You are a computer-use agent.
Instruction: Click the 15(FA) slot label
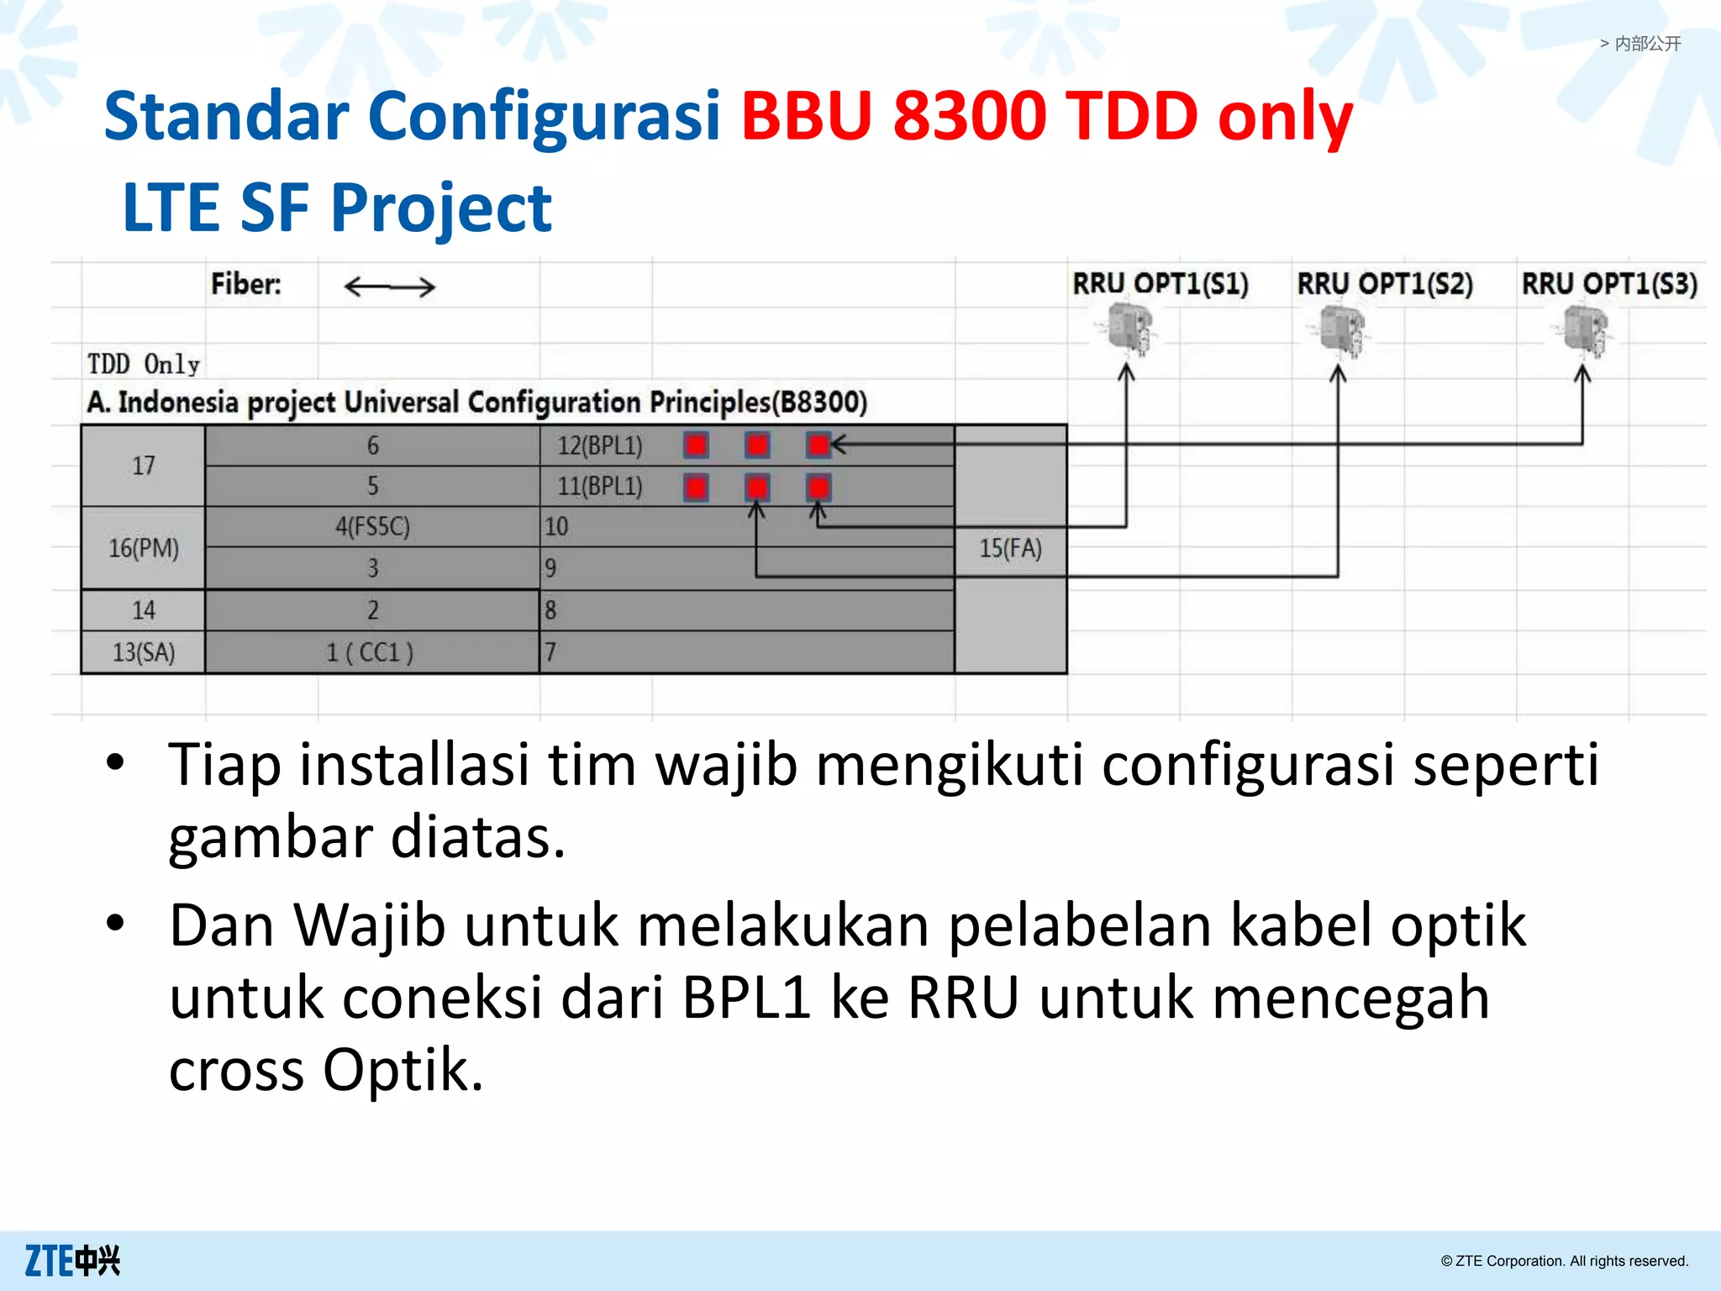1010,549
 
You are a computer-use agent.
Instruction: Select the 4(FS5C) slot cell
372,527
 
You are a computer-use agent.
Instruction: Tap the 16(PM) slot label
144,549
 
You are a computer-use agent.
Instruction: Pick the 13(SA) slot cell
144,652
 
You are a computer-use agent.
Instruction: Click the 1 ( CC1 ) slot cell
371,652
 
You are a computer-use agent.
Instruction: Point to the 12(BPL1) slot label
600,445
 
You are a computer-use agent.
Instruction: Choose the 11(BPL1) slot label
600,487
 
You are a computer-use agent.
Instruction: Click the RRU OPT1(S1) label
1160,284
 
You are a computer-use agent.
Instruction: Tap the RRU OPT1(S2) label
1385,284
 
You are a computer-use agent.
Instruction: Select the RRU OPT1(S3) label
1609,284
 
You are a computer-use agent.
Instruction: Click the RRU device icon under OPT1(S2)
1342,329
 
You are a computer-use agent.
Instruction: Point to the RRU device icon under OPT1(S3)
1586,329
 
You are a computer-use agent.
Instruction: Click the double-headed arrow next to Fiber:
390,287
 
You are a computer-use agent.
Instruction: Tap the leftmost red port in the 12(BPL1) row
696,445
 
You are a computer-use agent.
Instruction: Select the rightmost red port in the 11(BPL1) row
818,487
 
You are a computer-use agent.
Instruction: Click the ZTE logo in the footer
72,1261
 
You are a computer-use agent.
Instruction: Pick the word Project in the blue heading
441,208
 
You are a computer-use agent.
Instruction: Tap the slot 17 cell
144,466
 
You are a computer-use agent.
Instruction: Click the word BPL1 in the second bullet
746,998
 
